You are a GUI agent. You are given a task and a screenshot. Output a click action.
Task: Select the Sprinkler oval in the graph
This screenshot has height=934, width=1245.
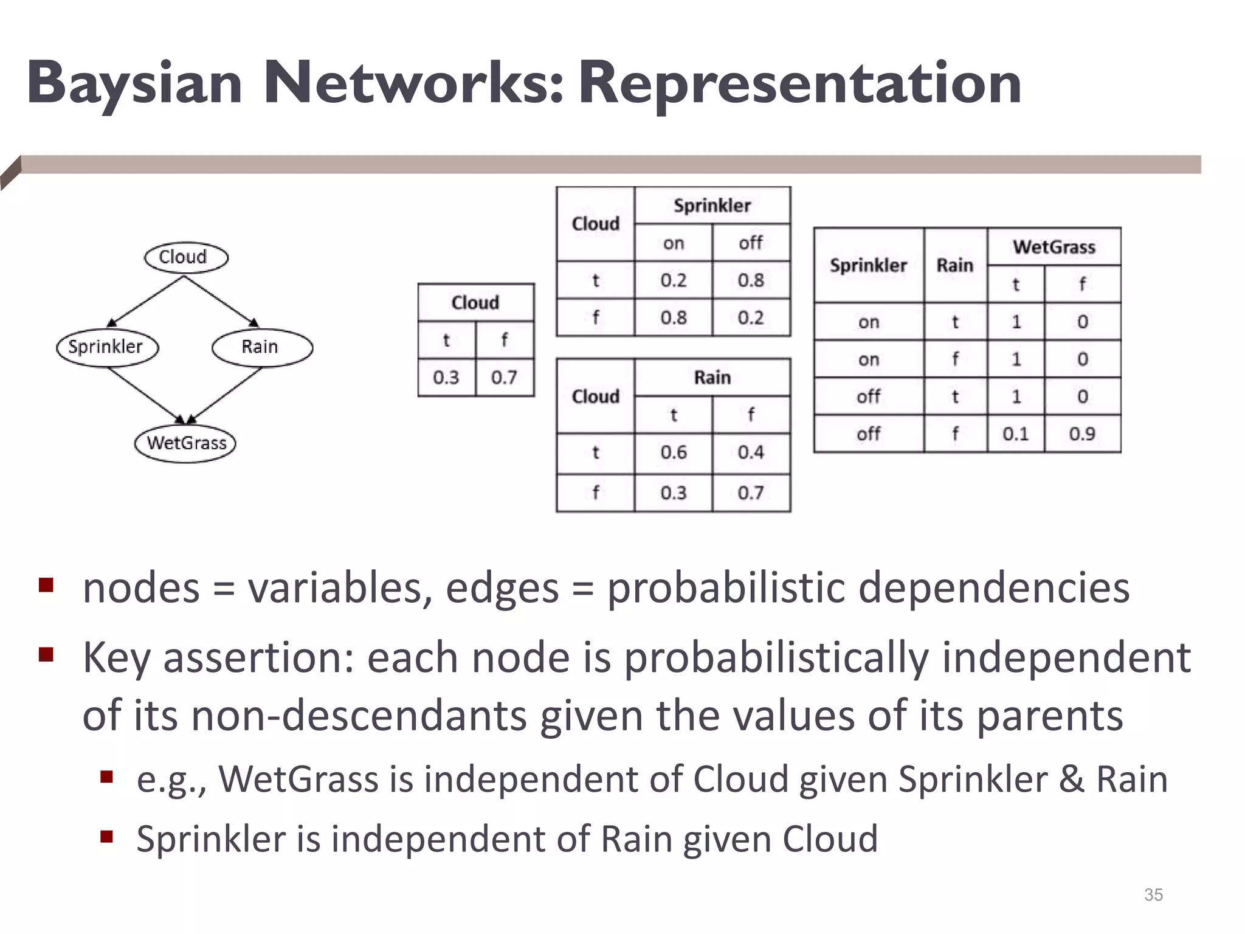click(x=107, y=347)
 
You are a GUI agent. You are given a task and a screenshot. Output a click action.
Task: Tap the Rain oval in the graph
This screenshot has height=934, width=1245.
click(x=262, y=347)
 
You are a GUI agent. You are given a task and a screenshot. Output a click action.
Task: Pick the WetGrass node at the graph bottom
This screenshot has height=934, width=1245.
click(x=185, y=443)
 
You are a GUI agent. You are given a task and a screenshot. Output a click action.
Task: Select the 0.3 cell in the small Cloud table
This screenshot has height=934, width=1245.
click(x=446, y=378)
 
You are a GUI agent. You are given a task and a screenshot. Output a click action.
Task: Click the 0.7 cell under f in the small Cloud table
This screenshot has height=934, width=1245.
click(x=504, y=378)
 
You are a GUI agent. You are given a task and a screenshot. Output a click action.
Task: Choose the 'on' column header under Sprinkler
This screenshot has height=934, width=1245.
click(x=674, y=243)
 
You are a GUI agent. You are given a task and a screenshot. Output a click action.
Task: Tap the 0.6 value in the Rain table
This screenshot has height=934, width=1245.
click(x=674, y=452)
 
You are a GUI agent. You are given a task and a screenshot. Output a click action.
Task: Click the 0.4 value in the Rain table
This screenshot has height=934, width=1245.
click(x=751, y=452)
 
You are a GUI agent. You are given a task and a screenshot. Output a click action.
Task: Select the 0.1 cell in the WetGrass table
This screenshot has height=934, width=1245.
click(x=1016, y=434)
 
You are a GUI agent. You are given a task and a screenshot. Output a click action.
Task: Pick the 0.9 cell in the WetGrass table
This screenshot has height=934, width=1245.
click(x=1082, y=434)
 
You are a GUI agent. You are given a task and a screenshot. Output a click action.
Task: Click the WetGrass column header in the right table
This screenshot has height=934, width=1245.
click(x=1054, y=247)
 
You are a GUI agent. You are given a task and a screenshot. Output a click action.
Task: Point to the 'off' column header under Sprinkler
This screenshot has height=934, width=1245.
click(x=751, y=243)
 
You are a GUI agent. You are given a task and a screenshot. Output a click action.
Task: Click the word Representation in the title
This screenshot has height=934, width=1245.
click(x=799, y=83)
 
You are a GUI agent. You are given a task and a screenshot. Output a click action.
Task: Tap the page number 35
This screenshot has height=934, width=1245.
click(x=1153, y=894)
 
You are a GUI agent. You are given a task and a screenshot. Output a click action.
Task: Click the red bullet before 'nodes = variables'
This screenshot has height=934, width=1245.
click(x=46, y=585)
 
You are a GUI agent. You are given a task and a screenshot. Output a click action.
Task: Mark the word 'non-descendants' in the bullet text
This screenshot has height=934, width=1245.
click(x=359, y=716)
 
